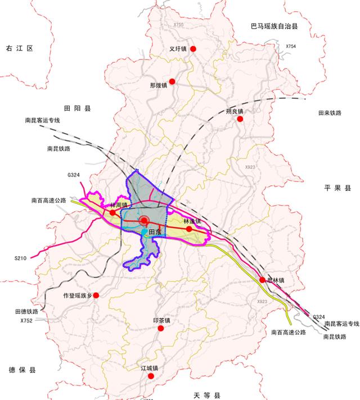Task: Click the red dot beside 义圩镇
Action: (x=193, y=49)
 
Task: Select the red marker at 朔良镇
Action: (x=240, y=119)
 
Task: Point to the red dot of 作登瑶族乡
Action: (x=96, y=295)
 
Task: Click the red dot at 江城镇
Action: (x=150, y=376)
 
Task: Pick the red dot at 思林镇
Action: (x=262, y=280)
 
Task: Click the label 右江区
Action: (x=20, y=49)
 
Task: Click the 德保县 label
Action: (x=22, y=370)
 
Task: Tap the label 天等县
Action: (x=206, y=395)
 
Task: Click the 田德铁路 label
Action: (x=26, y=311)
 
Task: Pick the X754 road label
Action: (x=291, y=46)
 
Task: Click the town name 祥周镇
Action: (x=119, y=205)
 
